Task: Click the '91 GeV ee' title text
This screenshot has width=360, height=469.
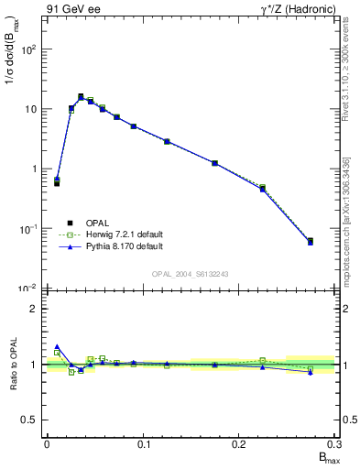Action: point(73,9)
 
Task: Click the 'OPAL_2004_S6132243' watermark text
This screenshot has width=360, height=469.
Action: point(190,274)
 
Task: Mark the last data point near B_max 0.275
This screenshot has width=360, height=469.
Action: point(311,242)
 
